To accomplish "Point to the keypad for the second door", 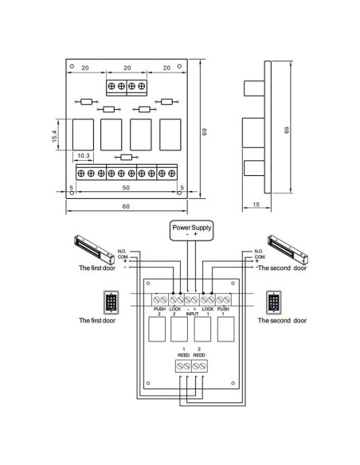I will pos(275,303).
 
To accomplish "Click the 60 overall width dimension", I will pos(127,206).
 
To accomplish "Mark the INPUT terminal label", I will pos(190,313).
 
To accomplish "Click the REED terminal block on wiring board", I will pos(190,365).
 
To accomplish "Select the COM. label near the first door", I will pos(123,256).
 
